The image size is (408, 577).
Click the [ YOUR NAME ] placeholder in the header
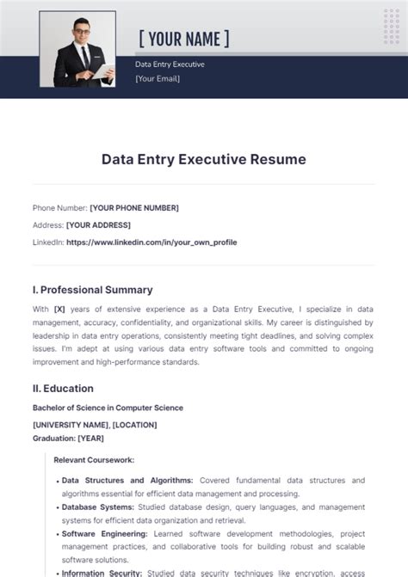[x=183, y=39]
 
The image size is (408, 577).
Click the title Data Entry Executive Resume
[x=203, y=159]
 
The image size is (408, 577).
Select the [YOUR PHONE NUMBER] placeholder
[x=134, y=207]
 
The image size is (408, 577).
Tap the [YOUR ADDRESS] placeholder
[x=99, y=224]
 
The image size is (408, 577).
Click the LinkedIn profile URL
[x=151, y=242]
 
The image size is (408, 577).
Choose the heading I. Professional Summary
[x=92, y=290]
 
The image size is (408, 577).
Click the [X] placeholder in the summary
[x=59, y=309]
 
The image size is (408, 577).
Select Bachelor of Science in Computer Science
[x=108, y=408]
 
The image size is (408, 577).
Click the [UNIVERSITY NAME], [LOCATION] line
[x=95, y=425]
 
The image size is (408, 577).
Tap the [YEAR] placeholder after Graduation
[x=90, y=439]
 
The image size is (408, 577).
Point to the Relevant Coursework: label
[x=94, y=460]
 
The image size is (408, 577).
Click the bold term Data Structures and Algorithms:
[x=127, y=480]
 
